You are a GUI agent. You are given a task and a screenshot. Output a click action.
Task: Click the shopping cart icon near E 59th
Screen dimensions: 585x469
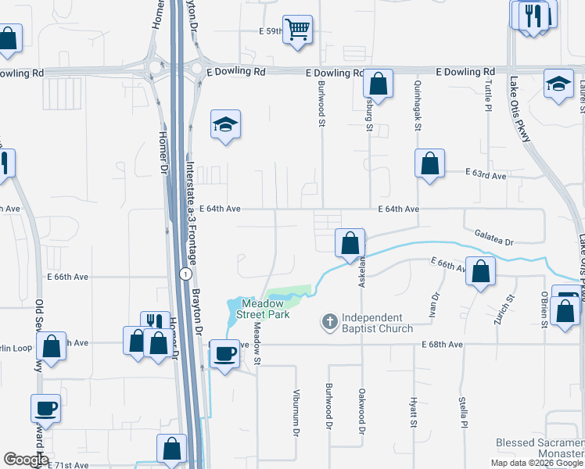click(x=298, y=30)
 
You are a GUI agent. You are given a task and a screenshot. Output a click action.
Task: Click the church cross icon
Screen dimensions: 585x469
click(x=330, y=321)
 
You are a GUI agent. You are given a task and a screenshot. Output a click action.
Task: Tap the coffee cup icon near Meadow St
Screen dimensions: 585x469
click(x=225, y=353)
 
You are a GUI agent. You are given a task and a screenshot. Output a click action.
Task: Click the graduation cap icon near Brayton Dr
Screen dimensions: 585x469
click(x=225, y=124)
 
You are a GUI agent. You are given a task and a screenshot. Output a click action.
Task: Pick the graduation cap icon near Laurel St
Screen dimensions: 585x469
click(x=559, y=84)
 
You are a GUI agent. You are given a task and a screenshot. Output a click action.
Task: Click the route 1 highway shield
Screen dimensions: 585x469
click(x=184, y=274)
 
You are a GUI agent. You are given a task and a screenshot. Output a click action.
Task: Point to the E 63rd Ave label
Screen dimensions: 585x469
click(x=486, y=176)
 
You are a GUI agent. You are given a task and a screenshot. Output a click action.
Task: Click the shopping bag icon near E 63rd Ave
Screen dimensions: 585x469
click(x=430, y=164)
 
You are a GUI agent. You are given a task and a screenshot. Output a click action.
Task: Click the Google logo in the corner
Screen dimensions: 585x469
click(x=26, y=460)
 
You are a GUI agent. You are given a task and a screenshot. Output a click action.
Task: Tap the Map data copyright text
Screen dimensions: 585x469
click(x=537, y=463)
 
